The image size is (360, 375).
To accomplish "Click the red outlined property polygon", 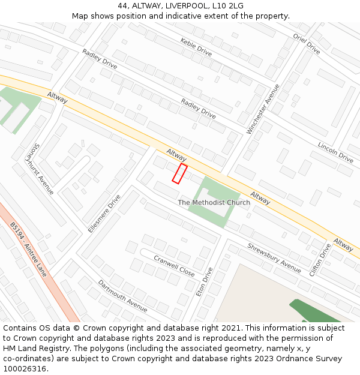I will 179,173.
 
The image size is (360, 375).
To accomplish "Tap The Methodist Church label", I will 214,203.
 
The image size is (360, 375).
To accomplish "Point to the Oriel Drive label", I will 307,42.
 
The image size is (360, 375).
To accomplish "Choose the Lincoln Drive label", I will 335,152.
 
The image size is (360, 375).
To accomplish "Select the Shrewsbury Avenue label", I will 274,258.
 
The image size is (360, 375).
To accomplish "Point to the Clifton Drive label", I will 320,259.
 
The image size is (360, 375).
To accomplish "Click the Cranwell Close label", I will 174,266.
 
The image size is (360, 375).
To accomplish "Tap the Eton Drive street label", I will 205,281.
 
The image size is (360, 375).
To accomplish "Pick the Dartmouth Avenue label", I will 122,296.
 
